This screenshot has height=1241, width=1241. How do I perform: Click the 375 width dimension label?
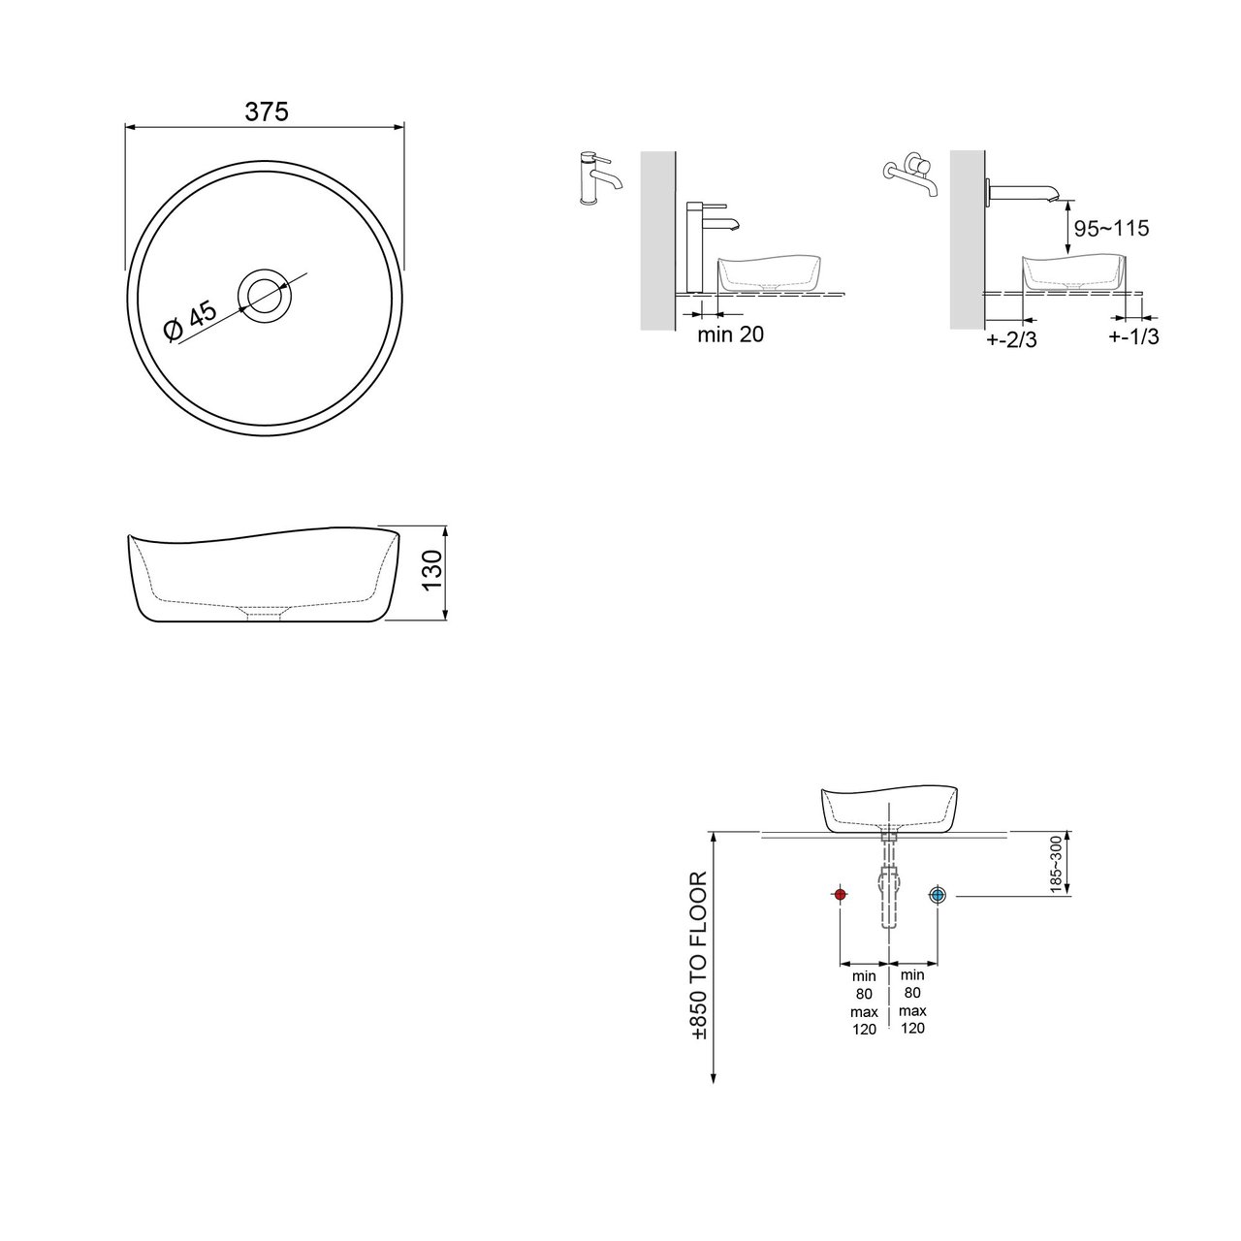267,112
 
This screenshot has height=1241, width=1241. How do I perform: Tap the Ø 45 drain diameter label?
190,322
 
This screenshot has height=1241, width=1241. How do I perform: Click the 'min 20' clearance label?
730,334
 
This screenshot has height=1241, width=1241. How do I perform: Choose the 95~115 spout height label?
1111,228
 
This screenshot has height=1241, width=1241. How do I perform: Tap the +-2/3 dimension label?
1011,339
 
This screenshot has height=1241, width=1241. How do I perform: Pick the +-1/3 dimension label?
1133,336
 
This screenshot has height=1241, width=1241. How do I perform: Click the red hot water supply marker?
840,895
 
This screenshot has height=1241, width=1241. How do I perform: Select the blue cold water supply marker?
937,895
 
